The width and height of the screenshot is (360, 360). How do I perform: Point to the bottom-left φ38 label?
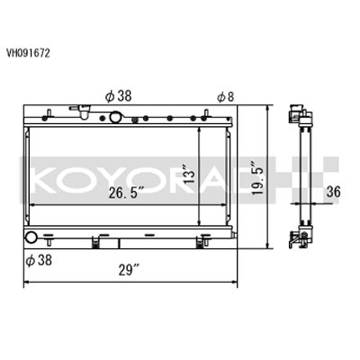pyautogui.click(x=37, y=260)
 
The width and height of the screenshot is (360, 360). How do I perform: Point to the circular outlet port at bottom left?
pyautogui.click(x=34, y=239)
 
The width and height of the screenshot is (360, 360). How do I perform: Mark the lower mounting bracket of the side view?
pyautogui.click(x=298, y=237)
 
